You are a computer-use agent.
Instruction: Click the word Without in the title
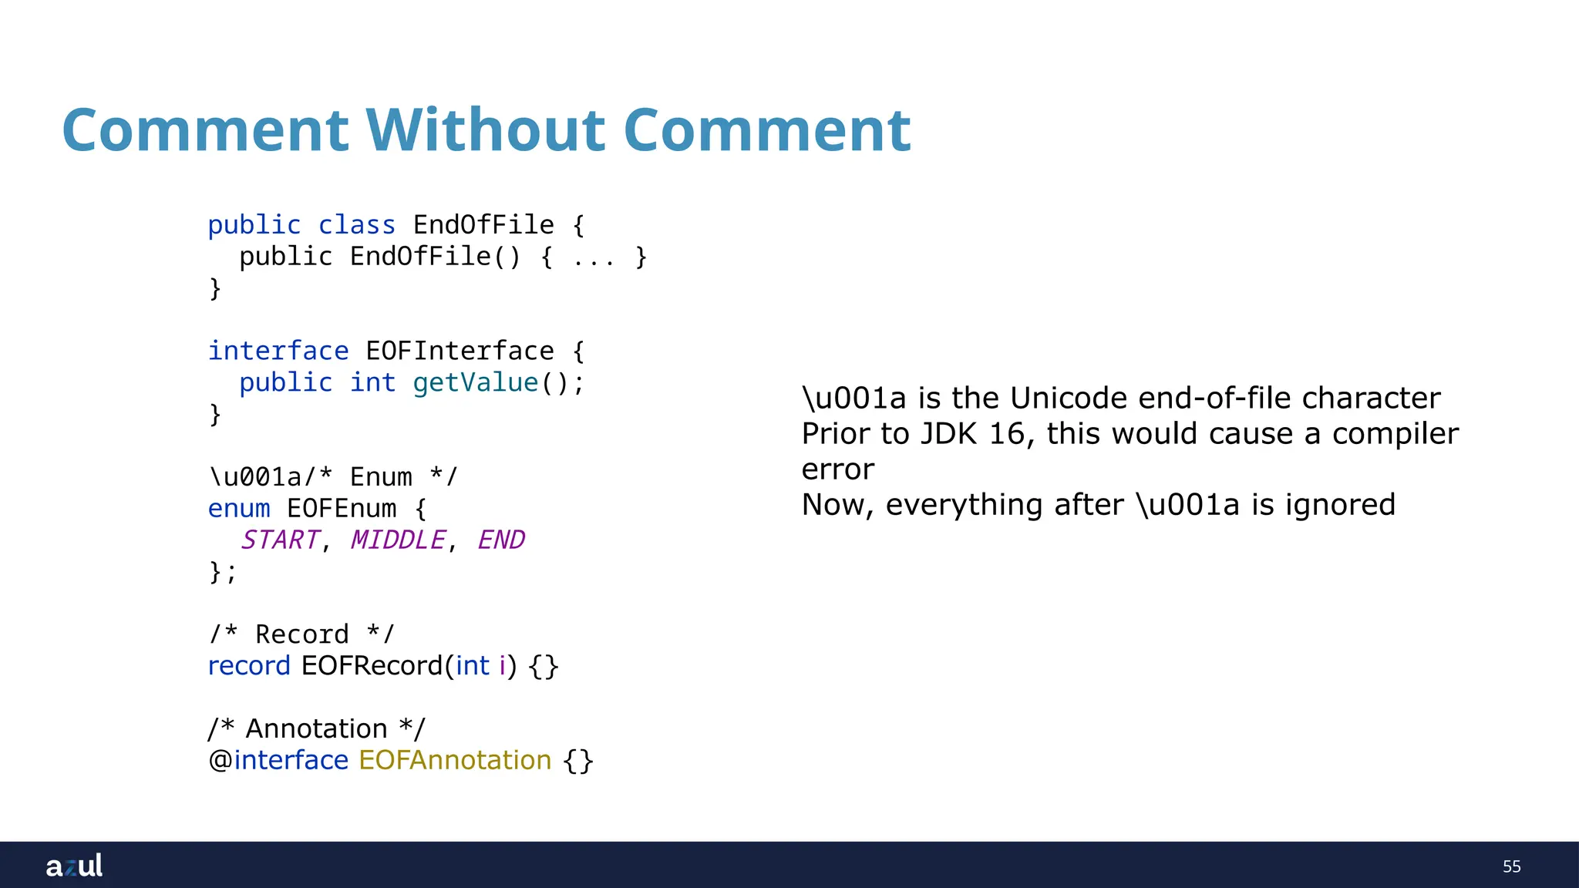[485, 129]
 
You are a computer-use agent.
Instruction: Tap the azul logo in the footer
[74, 866]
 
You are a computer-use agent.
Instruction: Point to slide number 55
[1511, 866]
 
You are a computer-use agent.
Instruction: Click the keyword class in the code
[356, 225]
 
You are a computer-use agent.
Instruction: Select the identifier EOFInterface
[460, 351]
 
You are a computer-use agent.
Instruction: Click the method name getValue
[475, 382]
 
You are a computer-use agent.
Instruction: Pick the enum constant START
[279, 540]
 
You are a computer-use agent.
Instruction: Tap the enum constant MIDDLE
[398, 540]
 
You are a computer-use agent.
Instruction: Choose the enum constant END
[501, 540]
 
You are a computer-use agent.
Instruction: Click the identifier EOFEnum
[342, 509]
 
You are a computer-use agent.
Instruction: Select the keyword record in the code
[249, 665]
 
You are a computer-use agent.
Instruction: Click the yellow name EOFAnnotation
[455, 760]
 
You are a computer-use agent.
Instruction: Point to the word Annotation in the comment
[316, 728]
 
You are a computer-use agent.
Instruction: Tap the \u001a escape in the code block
[254, 477]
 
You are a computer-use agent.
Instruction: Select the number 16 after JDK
[1006, 433]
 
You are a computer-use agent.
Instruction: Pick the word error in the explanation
[838, 469]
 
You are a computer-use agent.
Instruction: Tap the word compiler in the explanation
[1396, 433]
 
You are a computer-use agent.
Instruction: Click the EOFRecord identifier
[372, 665]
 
